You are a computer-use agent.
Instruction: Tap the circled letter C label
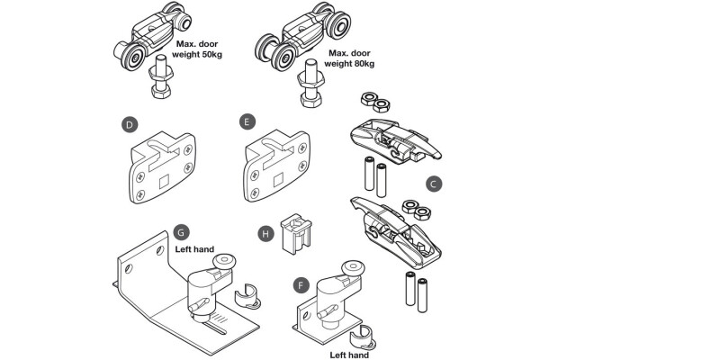pyautogui.click(x=433, y=184)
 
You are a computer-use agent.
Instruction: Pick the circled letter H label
pyautogui.click(x=265, y=232)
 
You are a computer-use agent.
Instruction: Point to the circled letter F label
pyautogui.click(x=302, y=285)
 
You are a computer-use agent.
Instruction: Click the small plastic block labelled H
pyautogui.click(x=293, y=233)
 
